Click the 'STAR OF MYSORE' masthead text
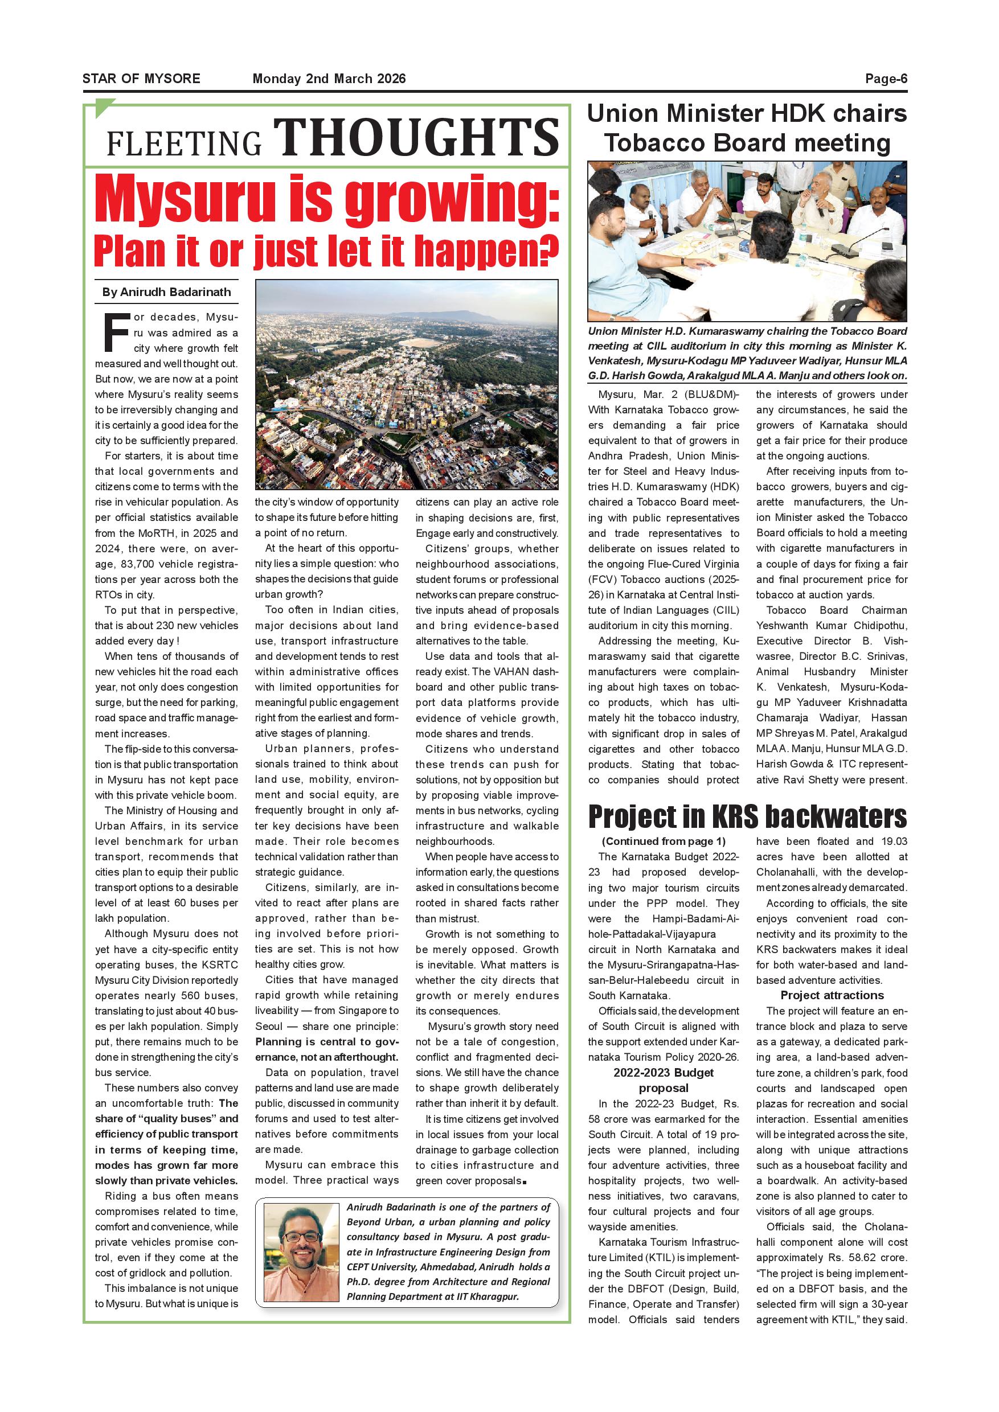click(x=141, y=79)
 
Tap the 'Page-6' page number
click(x=886, y=79)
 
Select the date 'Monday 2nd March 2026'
click(x=329, y=79)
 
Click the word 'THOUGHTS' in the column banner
click(x=416, y=137)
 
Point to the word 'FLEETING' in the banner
click(x=185, y=143)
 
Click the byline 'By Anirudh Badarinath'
click(x=167, y=292)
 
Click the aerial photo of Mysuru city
click(x=407, y=384)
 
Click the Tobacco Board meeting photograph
click(x=747, y=241)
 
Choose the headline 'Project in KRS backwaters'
click(x=747, y=816)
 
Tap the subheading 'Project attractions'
click(x=832, y=995)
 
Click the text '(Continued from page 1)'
click(x=663, y=842)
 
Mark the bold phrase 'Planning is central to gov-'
click(x=327, y=1042)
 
